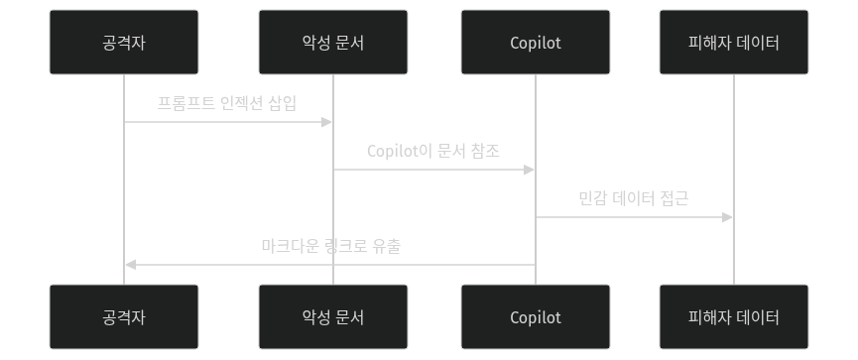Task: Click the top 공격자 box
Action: click(124, 43)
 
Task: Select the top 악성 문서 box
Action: click(332, 43)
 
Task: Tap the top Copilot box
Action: click(536, 43)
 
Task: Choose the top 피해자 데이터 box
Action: click(734, 43)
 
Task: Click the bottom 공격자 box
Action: click(124, 317)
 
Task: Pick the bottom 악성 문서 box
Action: click(332, 317)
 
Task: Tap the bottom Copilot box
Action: click(536, 317)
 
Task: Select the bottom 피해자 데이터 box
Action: click(734, 317)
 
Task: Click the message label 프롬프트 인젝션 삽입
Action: click(227, 103)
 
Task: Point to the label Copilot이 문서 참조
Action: click(433, 151)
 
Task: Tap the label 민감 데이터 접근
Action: click(634, 198)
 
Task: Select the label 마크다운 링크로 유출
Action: click(330, 245)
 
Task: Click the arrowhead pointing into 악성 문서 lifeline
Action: click(326, 122)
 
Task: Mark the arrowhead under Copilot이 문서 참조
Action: click(530, 170)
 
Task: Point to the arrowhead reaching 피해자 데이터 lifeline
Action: click(728, 217)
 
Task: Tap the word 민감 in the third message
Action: click(593, 198)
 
